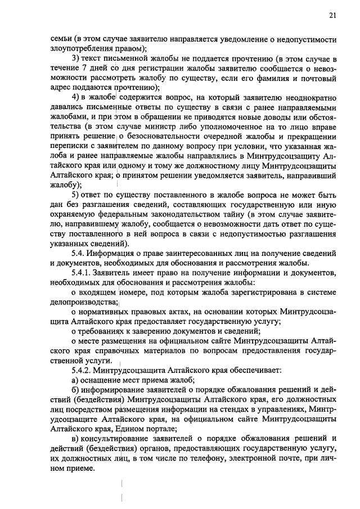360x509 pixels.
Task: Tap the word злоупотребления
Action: (x=82, y=48)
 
